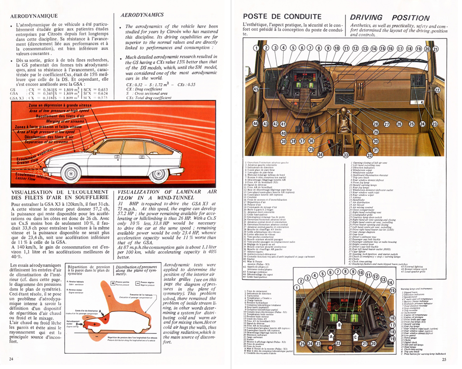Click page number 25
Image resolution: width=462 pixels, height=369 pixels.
point(444,360)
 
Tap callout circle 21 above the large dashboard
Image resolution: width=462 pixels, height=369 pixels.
point(435,48)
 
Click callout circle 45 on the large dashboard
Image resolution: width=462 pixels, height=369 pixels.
point(256,89)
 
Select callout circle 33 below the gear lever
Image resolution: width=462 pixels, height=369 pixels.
point(345,155)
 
